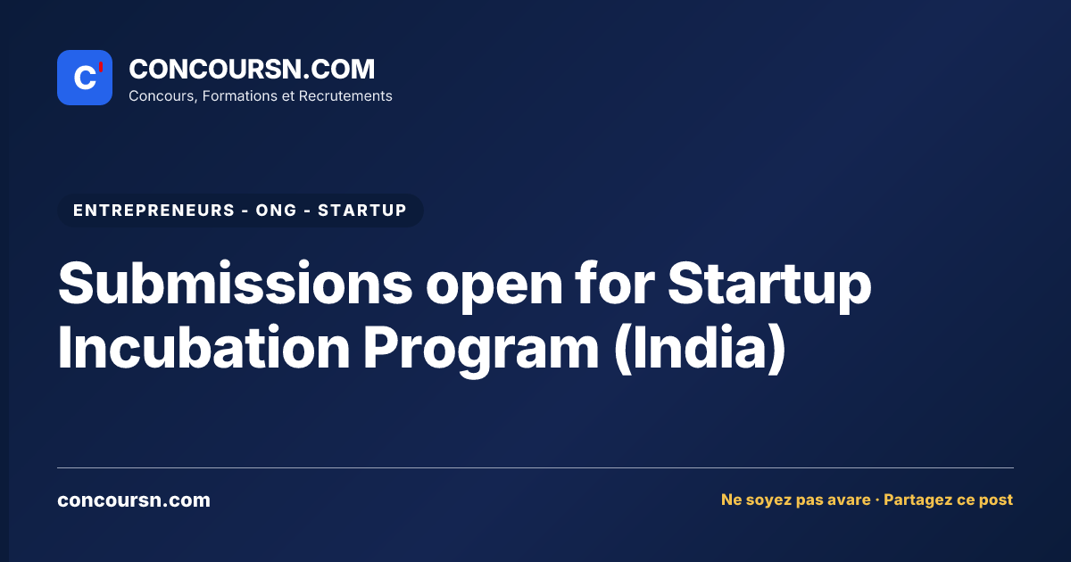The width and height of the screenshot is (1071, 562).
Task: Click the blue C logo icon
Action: point(85,78)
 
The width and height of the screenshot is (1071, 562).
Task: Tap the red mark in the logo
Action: point(101,67)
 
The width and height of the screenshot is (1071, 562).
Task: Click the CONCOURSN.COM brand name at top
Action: point(252,69)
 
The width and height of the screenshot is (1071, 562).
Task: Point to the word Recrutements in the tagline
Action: point(345,96)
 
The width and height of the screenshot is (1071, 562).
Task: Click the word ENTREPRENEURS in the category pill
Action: point(154,211)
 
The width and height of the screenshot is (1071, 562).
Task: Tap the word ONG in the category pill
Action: point(277,211)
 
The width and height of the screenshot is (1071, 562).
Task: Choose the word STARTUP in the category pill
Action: point(362,211)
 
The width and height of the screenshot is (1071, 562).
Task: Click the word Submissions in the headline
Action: point(236,283)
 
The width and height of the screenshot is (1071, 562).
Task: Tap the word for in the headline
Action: point(614,283)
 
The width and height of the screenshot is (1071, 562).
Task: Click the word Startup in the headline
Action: point(769,286)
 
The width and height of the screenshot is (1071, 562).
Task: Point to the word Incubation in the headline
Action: point(204,347)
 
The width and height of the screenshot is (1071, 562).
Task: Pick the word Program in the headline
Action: point(481,351)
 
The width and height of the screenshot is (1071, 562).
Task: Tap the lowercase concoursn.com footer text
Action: point(134,500)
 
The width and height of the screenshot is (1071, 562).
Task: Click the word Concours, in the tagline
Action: point(163,96)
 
